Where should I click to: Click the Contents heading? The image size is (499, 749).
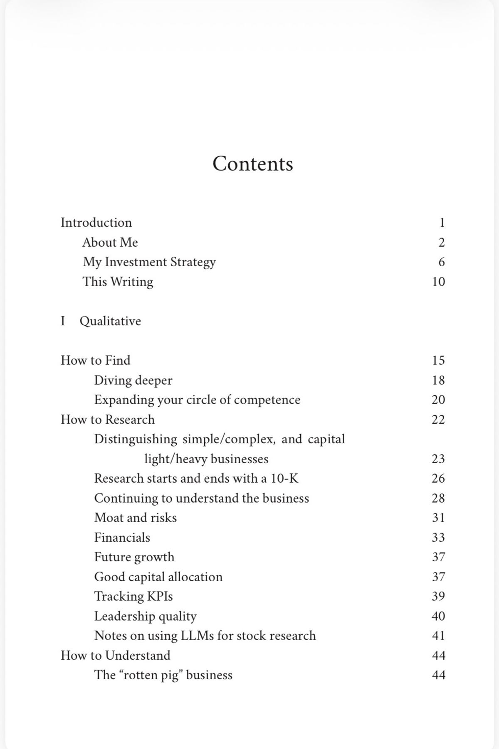pos(252,164)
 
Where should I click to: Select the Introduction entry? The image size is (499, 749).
pos(96,223)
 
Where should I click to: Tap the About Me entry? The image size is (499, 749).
pos(110,242)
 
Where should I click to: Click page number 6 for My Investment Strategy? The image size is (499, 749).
pos(441,262)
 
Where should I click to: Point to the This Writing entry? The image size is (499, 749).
pos(118,282)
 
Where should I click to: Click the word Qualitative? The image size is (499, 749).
pos(110,321)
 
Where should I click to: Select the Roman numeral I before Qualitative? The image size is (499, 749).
pos(63,321)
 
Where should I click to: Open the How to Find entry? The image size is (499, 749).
pos(95,360)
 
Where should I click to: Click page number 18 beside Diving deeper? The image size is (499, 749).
pos(438,380)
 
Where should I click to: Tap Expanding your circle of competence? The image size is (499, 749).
pos(197,400)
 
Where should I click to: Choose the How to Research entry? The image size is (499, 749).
pos(107,420)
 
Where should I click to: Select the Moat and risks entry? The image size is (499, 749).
pos(135,518)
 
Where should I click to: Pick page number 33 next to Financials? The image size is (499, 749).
pos(438,538)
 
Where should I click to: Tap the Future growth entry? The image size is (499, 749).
pos(134,557)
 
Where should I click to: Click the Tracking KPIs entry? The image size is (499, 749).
pos(133,597)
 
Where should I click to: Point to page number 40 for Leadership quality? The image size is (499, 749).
pos(438,616)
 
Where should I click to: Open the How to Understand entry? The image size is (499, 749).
pos(115,656)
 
